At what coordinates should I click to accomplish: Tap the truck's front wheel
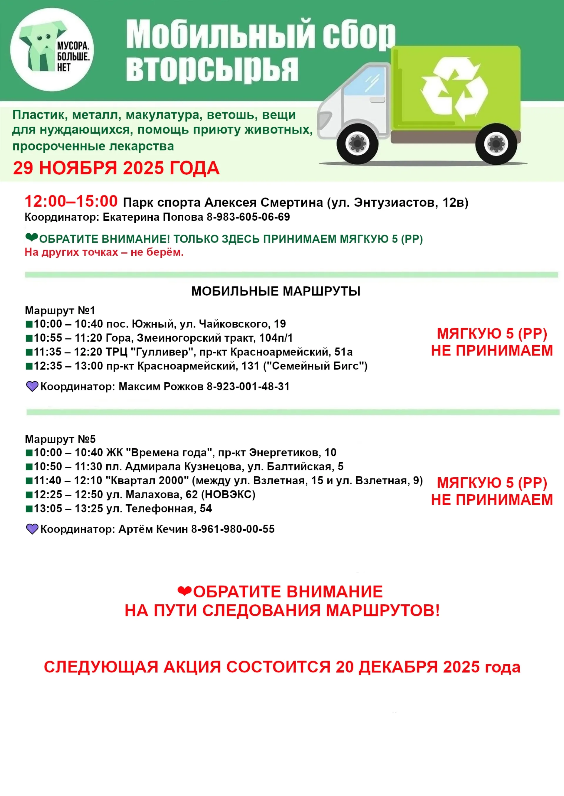[x=357, y=143]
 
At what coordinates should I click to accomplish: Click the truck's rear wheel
[x=496, y=143]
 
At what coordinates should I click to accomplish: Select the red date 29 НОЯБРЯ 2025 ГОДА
[x=116, y=168]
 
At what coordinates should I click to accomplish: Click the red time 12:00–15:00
[x=71, y=201]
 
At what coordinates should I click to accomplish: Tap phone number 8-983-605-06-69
[x=248, y=217]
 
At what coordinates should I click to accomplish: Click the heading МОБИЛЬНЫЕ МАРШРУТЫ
[x=276, y=291]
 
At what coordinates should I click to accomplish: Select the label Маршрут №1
[x=60, y=310]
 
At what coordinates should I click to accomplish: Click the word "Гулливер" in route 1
[x=160, y=352]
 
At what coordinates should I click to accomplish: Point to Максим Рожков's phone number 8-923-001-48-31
[x=248, y=387]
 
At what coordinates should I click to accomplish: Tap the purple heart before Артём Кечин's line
[x=32, y=529]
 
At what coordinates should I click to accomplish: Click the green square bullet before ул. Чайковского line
[x=29, y=324]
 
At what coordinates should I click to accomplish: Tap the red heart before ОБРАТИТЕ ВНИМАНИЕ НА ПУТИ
[x=184, y=591]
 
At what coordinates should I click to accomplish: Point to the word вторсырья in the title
[x=212, y=69]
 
